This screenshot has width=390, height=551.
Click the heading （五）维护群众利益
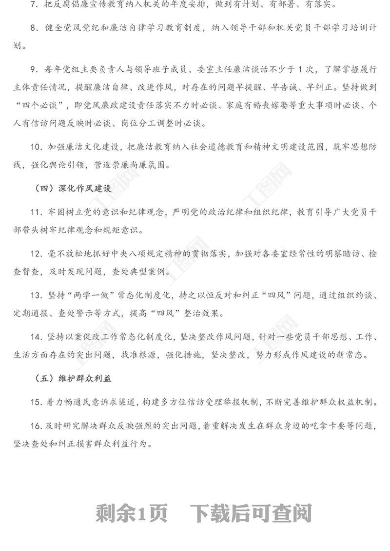point(73,378)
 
